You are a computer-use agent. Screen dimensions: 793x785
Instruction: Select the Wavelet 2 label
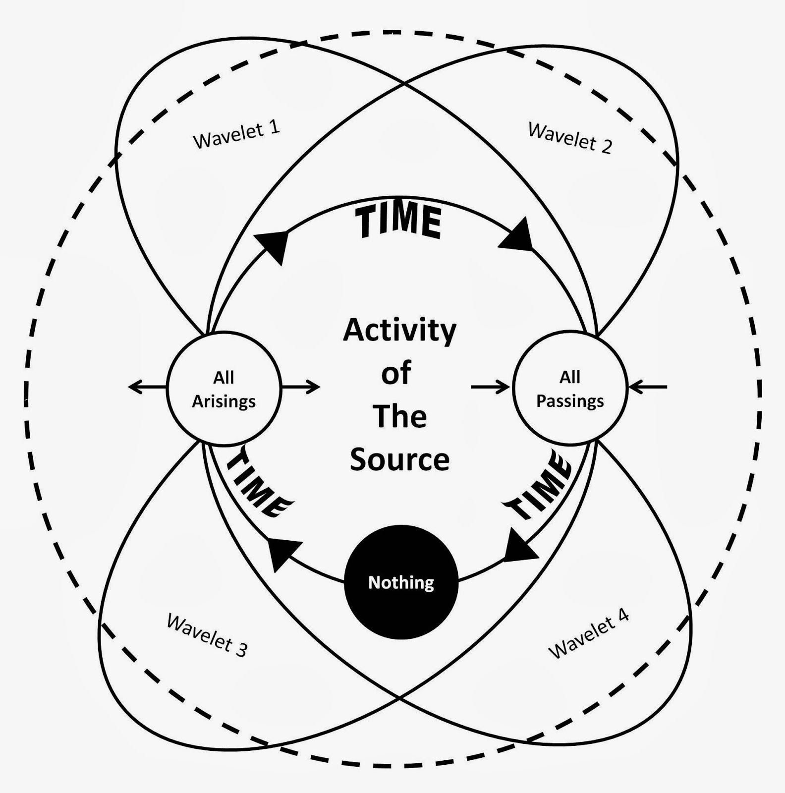click(x=570, y=138)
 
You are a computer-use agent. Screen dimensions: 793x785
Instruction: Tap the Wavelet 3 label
click(x=207, y=635)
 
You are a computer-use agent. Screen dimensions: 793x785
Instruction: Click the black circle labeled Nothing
click(x=401, y=582)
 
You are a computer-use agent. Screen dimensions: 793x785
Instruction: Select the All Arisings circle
click(x=224, y=389)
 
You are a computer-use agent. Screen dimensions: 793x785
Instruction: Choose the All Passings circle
click(x=570, y=389)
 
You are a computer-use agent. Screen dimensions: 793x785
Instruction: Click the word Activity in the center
click(x=399, y=331)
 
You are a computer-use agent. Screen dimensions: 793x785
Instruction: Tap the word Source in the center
click(x=399, y=459)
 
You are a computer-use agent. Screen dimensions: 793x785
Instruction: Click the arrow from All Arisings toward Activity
click(x=301, y=387)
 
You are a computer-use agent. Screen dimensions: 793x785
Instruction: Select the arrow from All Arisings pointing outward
click(x=147, y=387)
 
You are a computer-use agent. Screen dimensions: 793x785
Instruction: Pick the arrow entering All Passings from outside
click(x=648, y=387)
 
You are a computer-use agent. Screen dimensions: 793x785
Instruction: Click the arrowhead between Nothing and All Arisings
click(x=282, y=553)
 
